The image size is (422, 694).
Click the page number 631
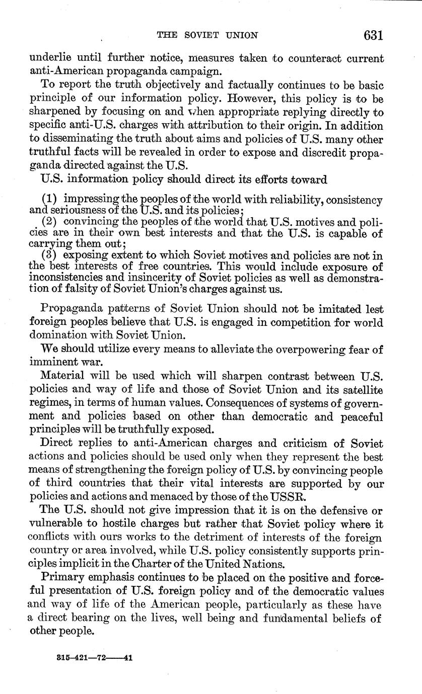373,35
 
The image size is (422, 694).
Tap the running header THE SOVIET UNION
207,36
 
